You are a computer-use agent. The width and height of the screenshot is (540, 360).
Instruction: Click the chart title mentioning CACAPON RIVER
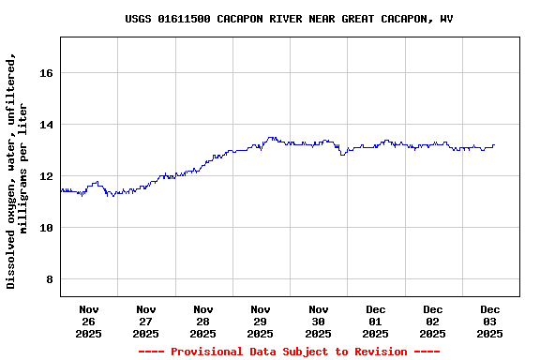click(x=289, y=19)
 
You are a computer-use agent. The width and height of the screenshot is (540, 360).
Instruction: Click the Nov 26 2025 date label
click(x=89, y=321)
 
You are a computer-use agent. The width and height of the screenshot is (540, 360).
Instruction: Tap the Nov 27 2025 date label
click(x=146, y=321)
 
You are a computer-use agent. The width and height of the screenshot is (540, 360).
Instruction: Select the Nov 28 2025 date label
click(x=203, y=321)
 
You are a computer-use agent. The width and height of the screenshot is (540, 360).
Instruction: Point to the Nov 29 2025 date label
click(x=261, y=321)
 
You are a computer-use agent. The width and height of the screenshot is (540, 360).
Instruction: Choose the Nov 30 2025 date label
click(x=319, y=321)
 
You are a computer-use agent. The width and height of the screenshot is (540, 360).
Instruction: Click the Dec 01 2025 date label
click(x=376, y=321)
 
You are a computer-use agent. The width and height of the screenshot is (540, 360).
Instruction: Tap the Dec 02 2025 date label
click(x=433, y=321)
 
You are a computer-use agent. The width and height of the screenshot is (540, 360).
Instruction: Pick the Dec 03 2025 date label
click(x=490, y=321)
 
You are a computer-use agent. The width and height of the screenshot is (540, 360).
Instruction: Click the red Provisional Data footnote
click(x=289, y=352)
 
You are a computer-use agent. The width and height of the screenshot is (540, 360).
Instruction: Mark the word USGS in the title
click(x=139, y=19)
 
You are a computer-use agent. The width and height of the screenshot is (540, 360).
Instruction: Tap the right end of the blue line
click(x=494, y=145)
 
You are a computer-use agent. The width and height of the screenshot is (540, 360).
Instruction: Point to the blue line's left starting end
click(x=61, y=189)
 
